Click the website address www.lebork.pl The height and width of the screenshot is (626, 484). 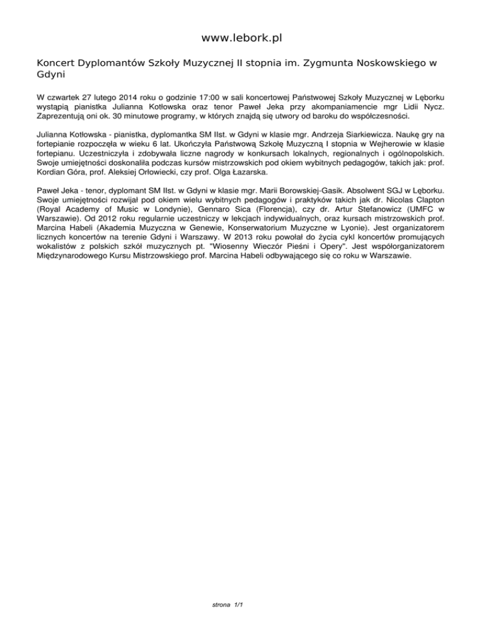point(241,38)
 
